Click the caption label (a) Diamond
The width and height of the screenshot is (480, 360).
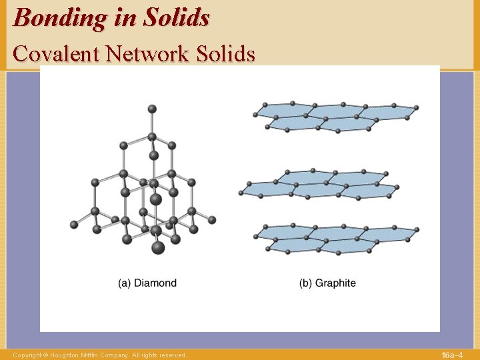tap(147, 283)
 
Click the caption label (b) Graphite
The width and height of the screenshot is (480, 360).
tap(327, 283)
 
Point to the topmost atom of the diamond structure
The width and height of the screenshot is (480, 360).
tap(152, 108)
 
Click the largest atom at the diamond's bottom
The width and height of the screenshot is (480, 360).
tap(158, 247)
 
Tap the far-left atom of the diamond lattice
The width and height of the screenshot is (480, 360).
tap(74, 224)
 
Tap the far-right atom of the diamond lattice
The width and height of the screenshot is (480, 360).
tap(213, 219)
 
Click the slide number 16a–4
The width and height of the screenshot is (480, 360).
tap(451, 355)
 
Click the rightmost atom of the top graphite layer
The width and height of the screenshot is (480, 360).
tap(416, 107)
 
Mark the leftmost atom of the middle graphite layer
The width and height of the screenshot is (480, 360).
tap(241, 193)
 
